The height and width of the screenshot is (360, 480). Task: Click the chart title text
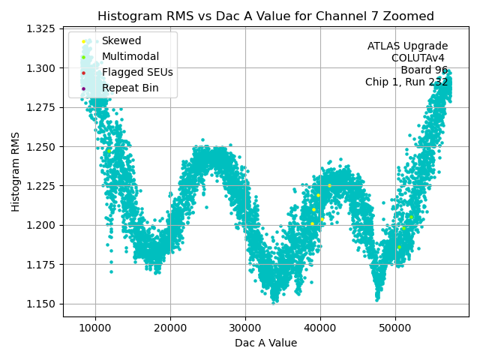pyautogui.click(x=265, y=16)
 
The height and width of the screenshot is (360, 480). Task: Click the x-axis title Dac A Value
pyautogui.click(x=265, y=343)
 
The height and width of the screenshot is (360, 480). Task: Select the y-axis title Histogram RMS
pyautogui.click(x=16, y=172)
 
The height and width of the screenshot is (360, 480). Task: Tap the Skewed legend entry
pyautogui.click(x=121, y=41)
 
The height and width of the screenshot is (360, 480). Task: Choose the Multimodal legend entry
pyautogui.click(x=131, y=57)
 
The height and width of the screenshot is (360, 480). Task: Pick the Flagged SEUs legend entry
pyautogui.click(x=137, y=73)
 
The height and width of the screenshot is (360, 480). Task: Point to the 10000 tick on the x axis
pyautogui.click(x=95, y=328)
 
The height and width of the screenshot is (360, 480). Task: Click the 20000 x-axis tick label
pyautogui.click(x=170, y=328)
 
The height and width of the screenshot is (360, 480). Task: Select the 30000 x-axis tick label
pyautogui.click(x=245, y=328)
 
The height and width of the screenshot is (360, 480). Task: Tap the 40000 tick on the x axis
pyautogui.click(x=320, y=328)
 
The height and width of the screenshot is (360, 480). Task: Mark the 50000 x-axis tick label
pyautogui.click(x=395, y=328)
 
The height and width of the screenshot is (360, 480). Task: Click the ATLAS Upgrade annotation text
pyautogui.click(x=407, y=46)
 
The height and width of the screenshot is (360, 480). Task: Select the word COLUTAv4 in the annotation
pyautogui.click(x=419, y=58)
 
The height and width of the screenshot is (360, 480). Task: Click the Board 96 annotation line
pyautogui.click(x=424, y=70)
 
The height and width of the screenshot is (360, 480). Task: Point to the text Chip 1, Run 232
pyautogui.click(x=406, y=82)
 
